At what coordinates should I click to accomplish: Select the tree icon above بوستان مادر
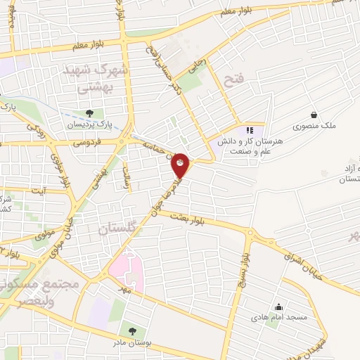tap(131, 330)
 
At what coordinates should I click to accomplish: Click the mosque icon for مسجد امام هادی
tap(278, 307)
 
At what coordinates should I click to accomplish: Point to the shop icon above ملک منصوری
tap(314, 115)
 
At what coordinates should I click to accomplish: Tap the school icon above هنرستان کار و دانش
tap(248, 130)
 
